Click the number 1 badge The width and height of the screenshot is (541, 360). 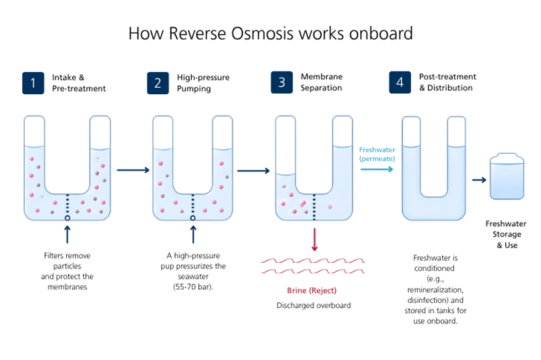(x=33, y=83)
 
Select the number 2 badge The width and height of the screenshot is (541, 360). (x=157, y=83)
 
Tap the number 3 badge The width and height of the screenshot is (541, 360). (x=282, y=83)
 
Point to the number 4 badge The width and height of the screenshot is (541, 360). (x=400, y=83)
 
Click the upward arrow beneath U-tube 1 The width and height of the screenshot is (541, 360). (x=67, y=233)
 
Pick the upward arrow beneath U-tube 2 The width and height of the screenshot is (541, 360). (x=192, y=233)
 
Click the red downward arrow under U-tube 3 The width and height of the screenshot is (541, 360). (x=315, y=239)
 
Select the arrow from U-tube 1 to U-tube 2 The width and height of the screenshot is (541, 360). (x=133, y=170)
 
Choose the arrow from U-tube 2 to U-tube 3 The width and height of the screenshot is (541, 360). (x=254, y=171)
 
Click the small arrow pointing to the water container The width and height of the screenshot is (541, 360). (x=480, y=180)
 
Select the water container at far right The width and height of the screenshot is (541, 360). (x=507, y=176)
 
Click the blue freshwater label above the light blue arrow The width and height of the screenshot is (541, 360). (x=377, y=153)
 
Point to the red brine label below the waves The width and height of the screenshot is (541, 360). (x=312, y=290)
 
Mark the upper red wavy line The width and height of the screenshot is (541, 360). (x=313, y=261)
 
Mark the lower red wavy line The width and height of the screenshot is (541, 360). (x=313, y=270)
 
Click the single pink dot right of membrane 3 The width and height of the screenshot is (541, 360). (x=330, y=207)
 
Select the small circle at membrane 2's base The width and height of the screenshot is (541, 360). (x=192, y=218)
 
